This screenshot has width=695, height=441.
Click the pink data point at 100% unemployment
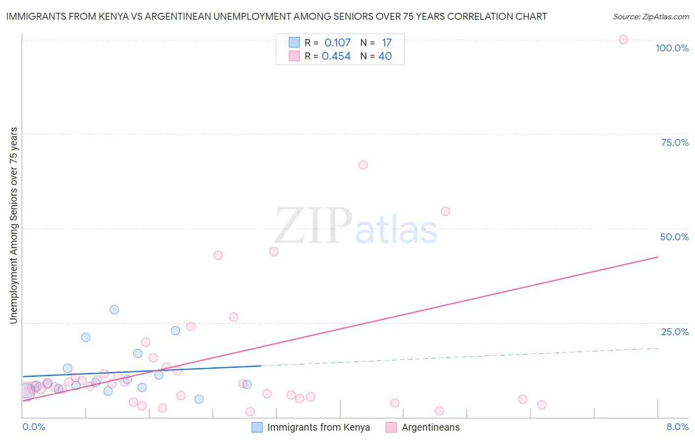(x=623, y=40)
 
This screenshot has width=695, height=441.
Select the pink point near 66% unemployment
(x=363, y=165)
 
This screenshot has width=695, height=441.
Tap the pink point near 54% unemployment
(x=445, y=212)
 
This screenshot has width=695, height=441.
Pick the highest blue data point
(x=114, y=309)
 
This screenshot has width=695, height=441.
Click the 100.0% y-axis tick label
(x=672, y=48)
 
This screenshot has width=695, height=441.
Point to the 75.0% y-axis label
(x=675, y=142)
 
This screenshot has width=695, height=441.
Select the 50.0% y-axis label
(x=674, y=237)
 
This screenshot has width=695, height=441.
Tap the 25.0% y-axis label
(x=675, y=332)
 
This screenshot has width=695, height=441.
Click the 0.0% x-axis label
(x=34, y=427)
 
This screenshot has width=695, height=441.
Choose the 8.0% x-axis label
(x=677, y=427)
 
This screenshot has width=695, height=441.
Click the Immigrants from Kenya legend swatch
(x=257, y=427)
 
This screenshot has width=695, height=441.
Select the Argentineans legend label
(x=431, y=427)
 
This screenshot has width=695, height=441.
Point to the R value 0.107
(x=337, y=43)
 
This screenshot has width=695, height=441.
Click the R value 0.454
(x=336, y=56)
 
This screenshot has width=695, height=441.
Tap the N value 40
(x=385, y=56)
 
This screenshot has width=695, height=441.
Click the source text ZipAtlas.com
(x=665, y=17)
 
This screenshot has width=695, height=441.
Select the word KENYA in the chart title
(x=117, y=16)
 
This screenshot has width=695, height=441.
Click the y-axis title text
(x=13, y=225)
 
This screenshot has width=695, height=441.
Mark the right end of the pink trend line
(x=657, y=257)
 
